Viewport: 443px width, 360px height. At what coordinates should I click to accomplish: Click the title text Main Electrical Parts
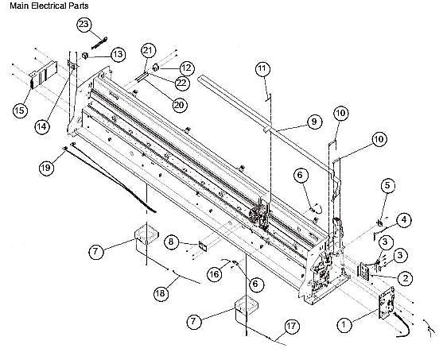pos(49,6)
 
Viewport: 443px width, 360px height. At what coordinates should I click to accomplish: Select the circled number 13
pos(117,54)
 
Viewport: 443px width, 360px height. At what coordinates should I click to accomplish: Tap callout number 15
pos(19,110)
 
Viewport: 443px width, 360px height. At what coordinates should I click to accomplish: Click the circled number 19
pos(47,167)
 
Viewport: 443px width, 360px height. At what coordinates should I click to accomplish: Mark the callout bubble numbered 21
pos(146,51)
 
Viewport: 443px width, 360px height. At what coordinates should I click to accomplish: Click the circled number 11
pos(262,70)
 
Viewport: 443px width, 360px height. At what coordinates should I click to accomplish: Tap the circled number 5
pos(387,185)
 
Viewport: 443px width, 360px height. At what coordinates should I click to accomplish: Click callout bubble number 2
pos(405,278)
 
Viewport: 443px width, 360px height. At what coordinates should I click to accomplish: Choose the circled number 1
pos(344,324)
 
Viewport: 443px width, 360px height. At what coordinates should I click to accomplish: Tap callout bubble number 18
pos(161,293)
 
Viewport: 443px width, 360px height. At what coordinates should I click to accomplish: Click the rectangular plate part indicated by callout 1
pos(386,306)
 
